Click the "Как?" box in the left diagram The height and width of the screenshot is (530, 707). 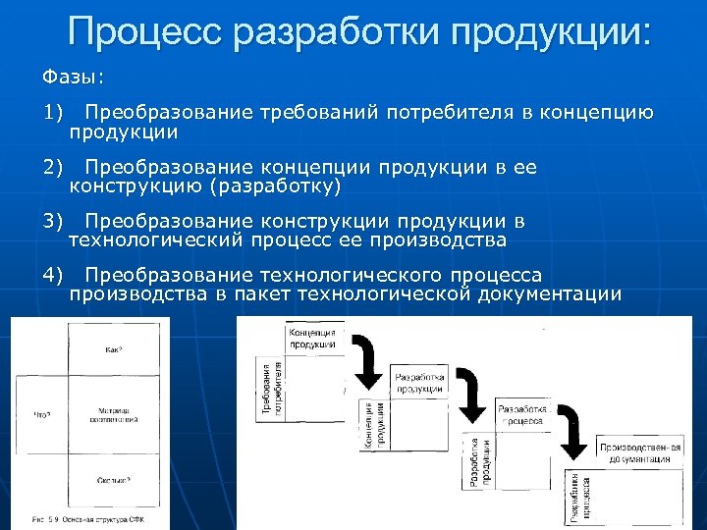point(115,349)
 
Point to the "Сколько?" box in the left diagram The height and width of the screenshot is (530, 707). point(115,480)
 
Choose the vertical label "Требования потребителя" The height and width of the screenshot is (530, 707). point(271,389)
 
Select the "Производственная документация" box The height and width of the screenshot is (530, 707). point(638,452)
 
